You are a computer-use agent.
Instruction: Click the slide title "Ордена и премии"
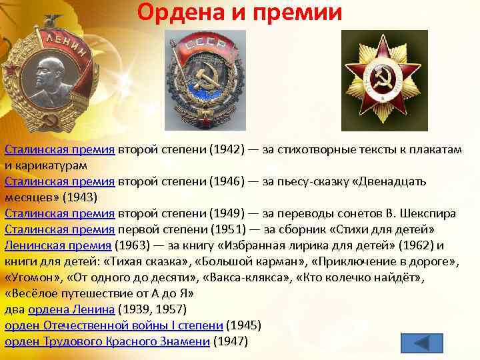[x=240, y=13]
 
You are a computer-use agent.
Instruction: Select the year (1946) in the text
[x=227, y=182]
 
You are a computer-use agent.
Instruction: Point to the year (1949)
[x=227, y=214]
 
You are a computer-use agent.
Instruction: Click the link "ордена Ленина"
[x=71, y=310]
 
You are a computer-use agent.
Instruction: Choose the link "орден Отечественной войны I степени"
[x=114, y=326]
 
